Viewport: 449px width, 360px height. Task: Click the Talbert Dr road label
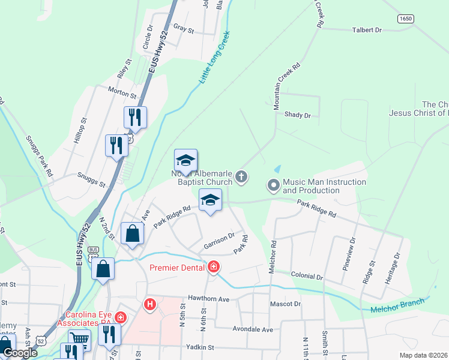click(x=367, y=30)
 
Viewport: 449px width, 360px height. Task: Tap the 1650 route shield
click(x=405, y=19)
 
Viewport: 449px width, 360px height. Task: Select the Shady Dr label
click(x=298, y=115)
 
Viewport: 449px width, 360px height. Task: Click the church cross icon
click(x=241, y=176)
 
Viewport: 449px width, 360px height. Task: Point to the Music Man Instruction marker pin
click(x=274, y=185)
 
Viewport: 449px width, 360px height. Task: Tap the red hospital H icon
click(x=149, y=305)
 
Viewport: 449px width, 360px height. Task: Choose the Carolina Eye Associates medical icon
click(x=121, y=317)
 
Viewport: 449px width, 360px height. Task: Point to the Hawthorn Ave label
click(x=208, y=299)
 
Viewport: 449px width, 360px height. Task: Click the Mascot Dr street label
click(x=285, y=304)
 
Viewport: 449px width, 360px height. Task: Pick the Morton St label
click(x=122, y=91)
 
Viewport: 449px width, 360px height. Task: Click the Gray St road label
click(x=184, y=29)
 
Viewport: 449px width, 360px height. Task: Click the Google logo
click(x=19, y=353)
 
